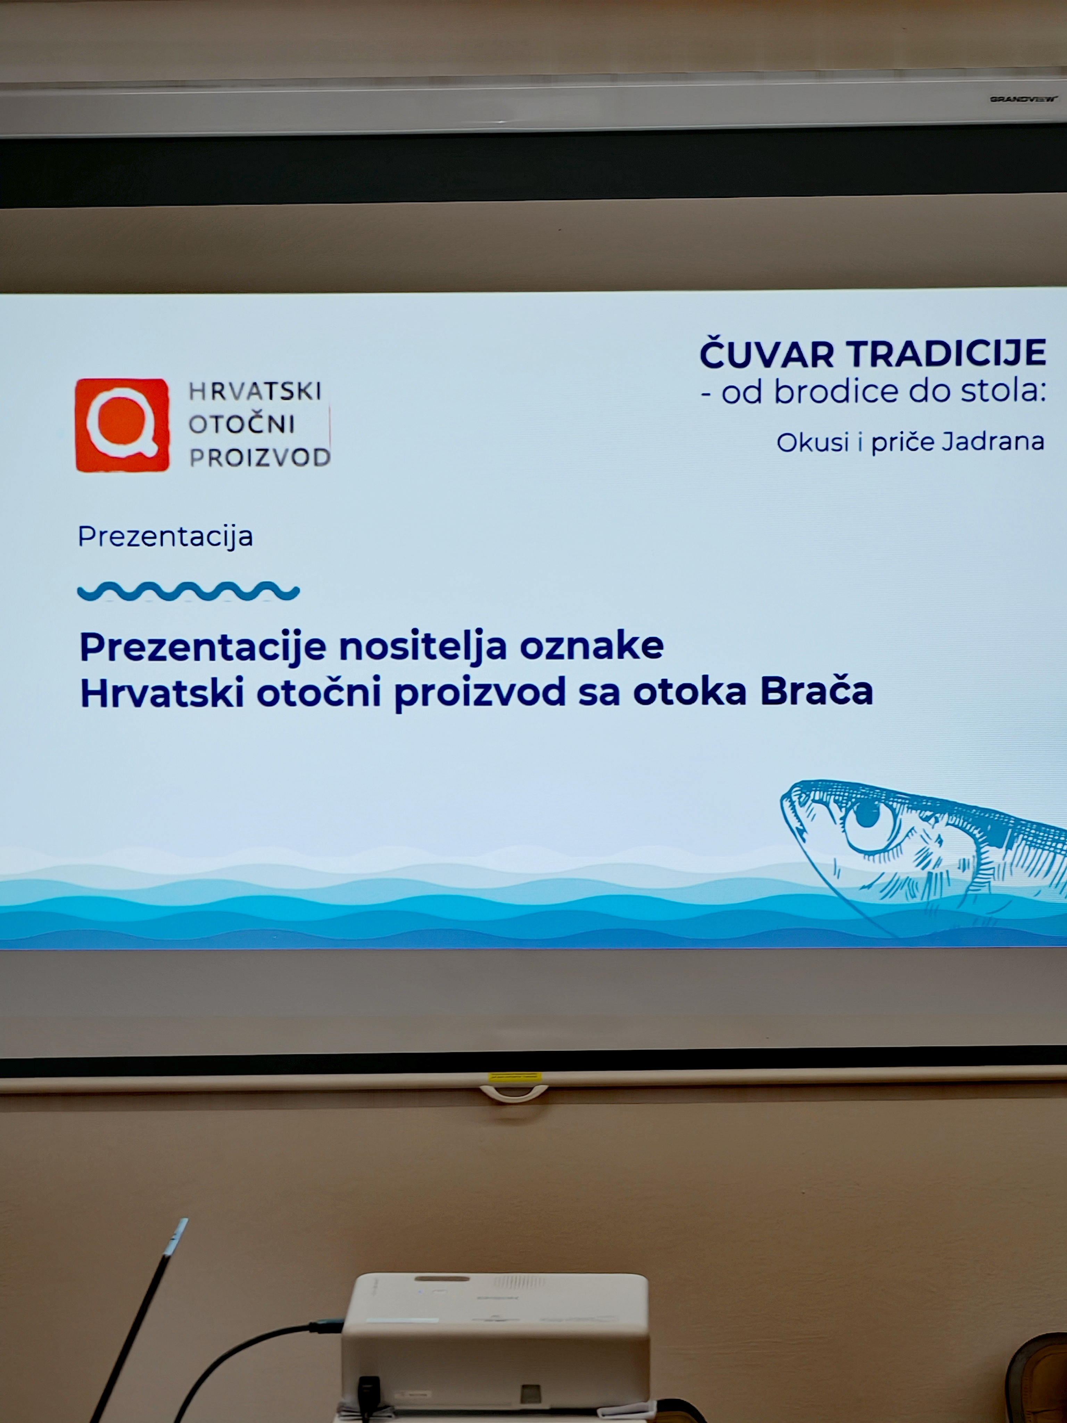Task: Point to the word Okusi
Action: [x=813, y=442]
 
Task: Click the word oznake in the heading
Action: [x=592, y=647]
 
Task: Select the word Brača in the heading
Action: [x=817, y=691]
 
